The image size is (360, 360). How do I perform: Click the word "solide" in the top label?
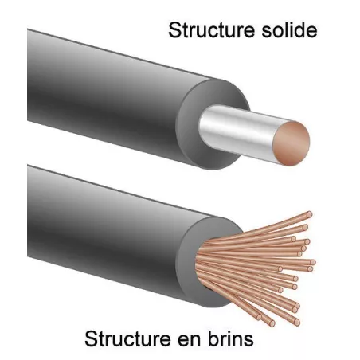click(289, 30)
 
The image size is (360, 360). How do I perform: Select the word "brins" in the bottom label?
click(230, 338)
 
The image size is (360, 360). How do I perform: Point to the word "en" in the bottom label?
click(188, 341)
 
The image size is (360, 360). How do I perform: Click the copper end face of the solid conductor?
click(292, 143)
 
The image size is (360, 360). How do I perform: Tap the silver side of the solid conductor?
click(237, 130)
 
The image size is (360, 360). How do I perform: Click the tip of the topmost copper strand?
click(309, 214)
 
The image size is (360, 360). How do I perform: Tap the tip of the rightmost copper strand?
click(313, 262)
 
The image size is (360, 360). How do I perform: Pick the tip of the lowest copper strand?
click(272, 323)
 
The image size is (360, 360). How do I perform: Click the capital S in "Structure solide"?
click(174, 30)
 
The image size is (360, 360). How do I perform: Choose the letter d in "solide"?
click(298, 30)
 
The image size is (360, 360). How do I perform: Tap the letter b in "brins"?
click(213, 338)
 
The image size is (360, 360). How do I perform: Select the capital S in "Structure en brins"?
click(91, 338)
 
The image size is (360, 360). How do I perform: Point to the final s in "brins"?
click(248, 341)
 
